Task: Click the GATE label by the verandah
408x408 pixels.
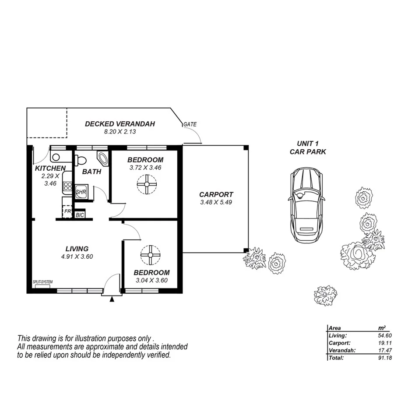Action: point(190,124)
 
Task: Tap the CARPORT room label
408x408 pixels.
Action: point(216,194)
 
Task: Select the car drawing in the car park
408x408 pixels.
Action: point(306,204)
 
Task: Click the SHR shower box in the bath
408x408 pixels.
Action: point(81,192)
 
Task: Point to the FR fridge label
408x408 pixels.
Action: point(67,212)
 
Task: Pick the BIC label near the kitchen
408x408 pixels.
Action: point(80,215)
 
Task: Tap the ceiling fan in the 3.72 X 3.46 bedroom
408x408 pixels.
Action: point(147,184)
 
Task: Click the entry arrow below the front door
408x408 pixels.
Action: point(112,299)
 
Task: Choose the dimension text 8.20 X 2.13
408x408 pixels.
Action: point(120,132)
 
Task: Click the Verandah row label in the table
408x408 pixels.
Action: point(339,350)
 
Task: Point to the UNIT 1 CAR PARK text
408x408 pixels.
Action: point(308,148)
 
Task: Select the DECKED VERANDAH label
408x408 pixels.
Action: point(120,124)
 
